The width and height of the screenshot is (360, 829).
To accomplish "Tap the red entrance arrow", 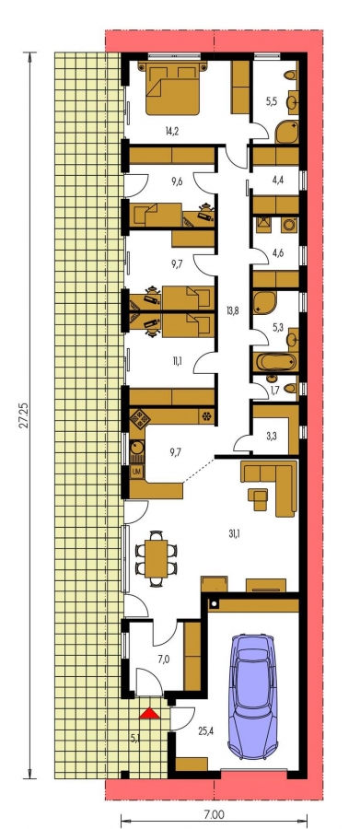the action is coord(149,714).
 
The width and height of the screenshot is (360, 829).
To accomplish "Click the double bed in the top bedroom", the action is coord(173,88).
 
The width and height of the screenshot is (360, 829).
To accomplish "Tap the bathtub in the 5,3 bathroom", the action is coord(275,362).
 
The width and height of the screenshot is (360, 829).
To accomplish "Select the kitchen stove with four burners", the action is coord(141,418).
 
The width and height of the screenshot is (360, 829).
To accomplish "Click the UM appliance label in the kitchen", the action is coord(136,471).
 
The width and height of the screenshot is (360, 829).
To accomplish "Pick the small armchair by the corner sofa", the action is coord(259,499).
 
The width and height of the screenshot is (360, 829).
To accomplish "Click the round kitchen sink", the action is coord(136,446).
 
